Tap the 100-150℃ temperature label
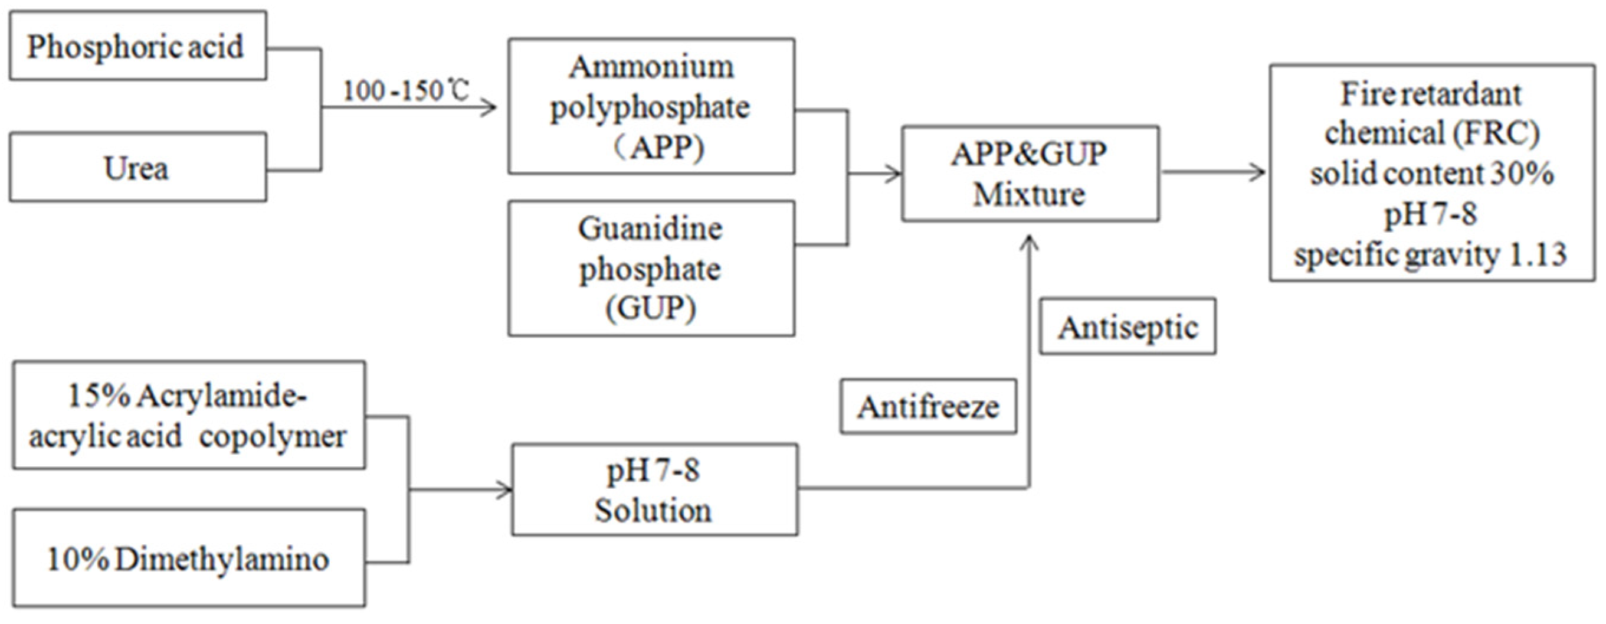click(405, 91)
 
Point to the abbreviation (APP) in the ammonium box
click(661, 147)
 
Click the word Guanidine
click(650, 228)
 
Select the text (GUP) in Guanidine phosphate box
click(650, 308)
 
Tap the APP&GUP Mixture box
click(1030, 174)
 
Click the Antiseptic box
click(1127, 327)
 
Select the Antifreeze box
click(927, 407)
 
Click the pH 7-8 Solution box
click(654, 489)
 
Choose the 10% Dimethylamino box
click(188, 558)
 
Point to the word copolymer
click(273, 436)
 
